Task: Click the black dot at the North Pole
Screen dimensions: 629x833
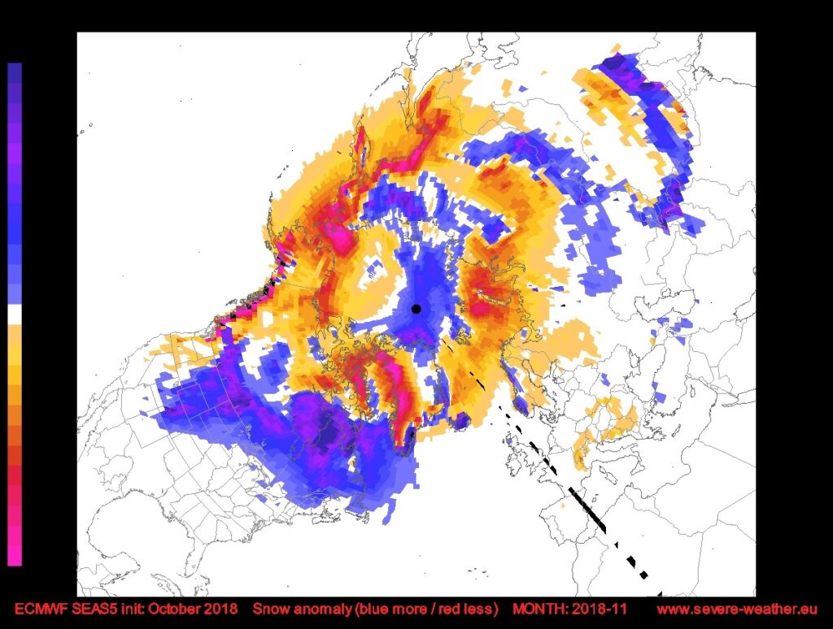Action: pyautogui.click(x=416, y=309)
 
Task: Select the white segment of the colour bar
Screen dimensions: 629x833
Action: pyautogui.click(x=15, y=314)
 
